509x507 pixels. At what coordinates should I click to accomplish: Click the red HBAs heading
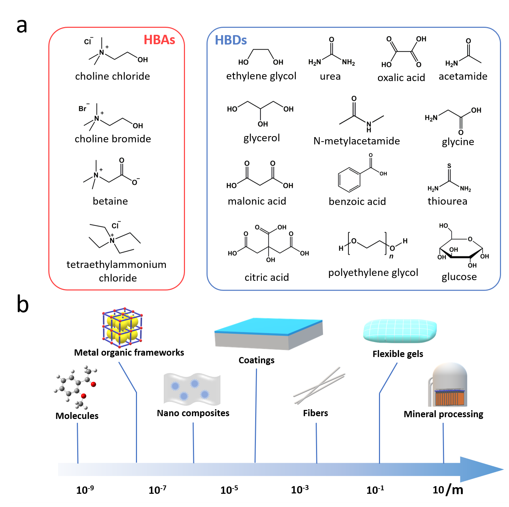(159, 40)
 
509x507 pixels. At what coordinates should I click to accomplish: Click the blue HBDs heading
(231, 40)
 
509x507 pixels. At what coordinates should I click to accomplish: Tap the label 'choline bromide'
(113, 139)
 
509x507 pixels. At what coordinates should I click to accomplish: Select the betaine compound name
(110, 201)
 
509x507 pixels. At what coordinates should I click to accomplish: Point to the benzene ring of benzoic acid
(349, 180)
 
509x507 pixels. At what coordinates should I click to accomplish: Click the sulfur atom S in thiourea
(449, 166)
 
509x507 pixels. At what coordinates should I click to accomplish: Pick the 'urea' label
(330, 77)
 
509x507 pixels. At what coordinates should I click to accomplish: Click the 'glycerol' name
(261, 138)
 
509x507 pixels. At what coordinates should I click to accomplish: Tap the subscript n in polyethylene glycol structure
(391, 256)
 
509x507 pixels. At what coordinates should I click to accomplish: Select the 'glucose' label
(459, 277)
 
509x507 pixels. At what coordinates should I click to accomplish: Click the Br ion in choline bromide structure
(83, 109)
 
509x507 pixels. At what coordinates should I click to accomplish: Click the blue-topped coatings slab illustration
(268, 333)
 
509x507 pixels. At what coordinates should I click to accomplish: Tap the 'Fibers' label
(315, 413)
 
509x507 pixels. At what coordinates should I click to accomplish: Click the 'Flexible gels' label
(398, 354)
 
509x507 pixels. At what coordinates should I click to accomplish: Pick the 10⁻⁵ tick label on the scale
(229, 490)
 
